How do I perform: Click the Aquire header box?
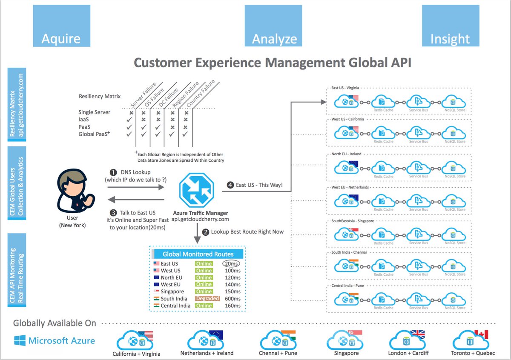click(x=61, y=26)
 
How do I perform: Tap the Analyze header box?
click(x=273, y=26)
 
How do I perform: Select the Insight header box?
click(x=450, y=26)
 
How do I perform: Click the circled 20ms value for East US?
click(x=232, y=263)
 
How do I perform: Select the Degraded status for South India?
click(x=207, y=299)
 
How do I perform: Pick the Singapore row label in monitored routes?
click(x=172, y=291)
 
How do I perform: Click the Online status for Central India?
click(x=204, y=306)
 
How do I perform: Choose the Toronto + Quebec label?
click(x=473, y=353)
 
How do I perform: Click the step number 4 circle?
click(x=230, y=185)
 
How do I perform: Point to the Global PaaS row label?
click(x=93, y=134)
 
